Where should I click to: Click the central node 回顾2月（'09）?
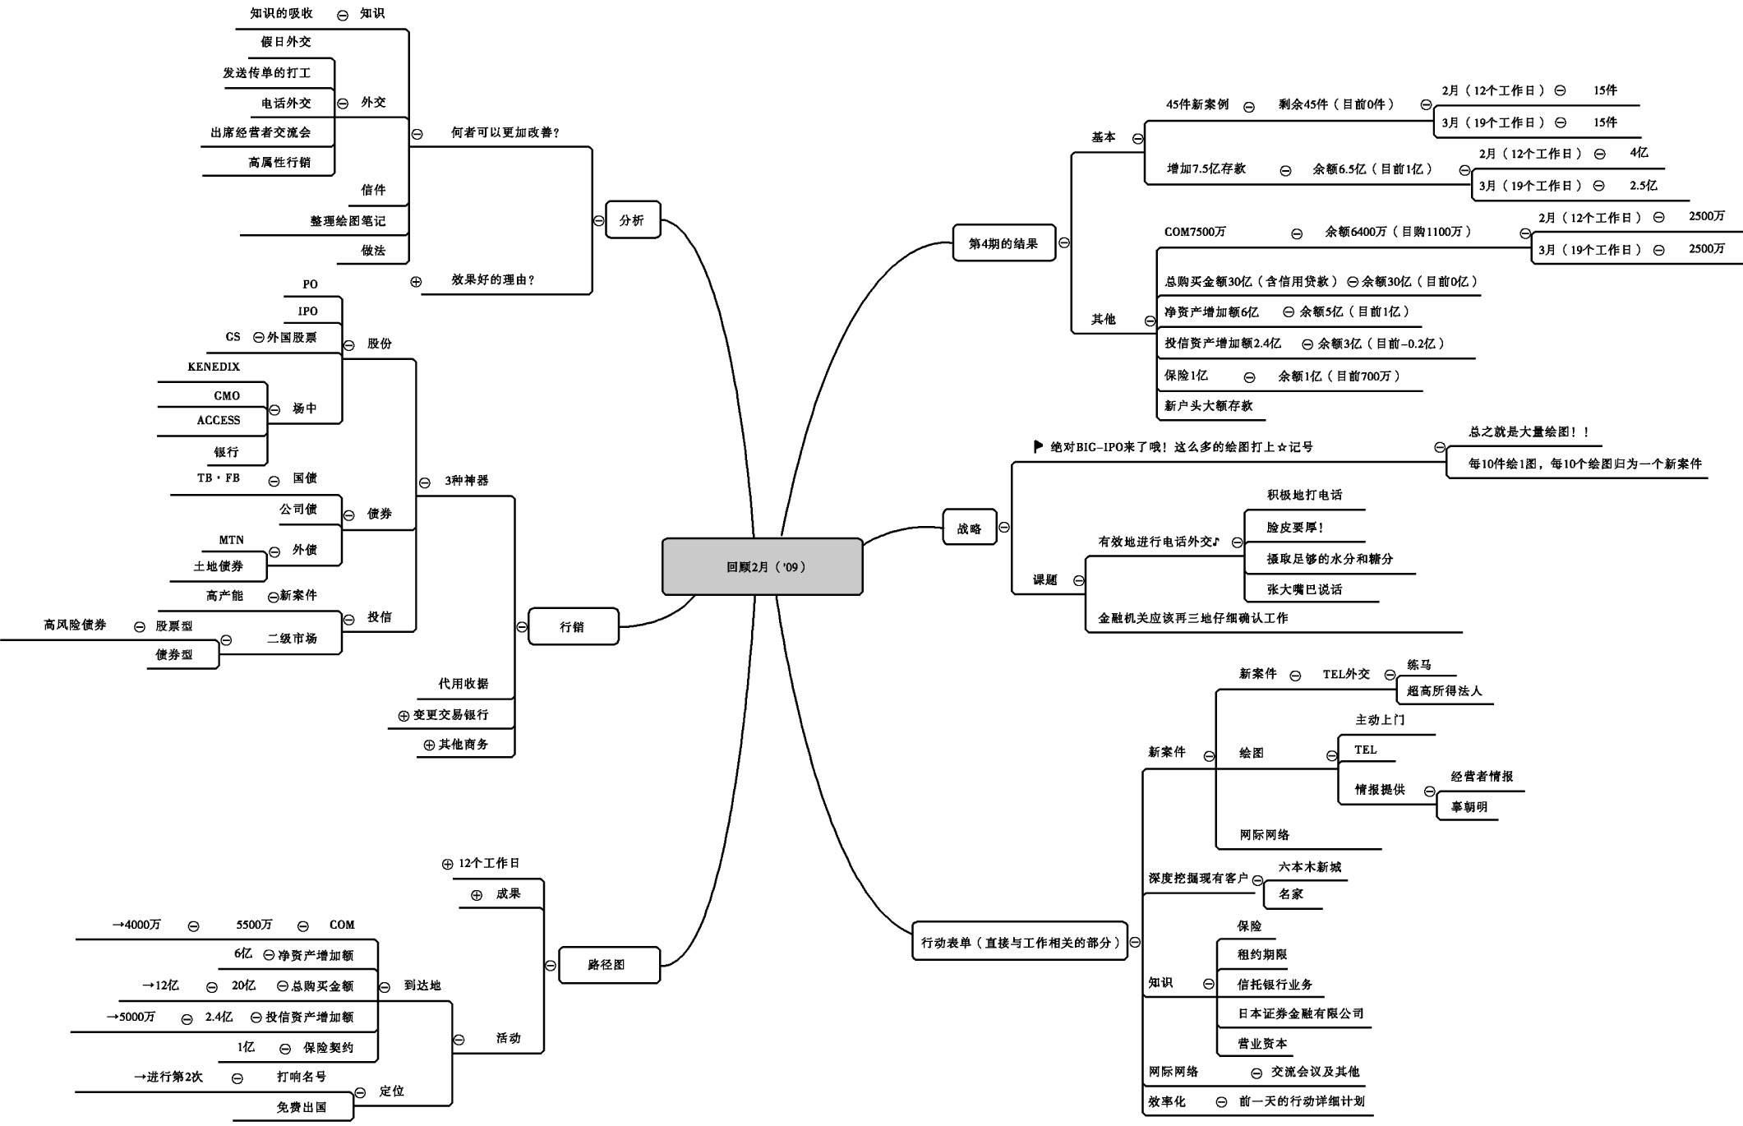[762, 566]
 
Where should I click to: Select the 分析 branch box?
[632, 219]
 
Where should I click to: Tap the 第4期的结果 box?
[1003, 243]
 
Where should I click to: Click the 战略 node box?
[969, 528]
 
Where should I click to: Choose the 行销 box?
[572, 626]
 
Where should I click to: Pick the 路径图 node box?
[608, 964]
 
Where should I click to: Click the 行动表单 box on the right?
[1020, 942]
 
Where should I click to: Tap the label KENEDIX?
[214, 367]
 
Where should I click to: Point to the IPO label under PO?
[308, 311]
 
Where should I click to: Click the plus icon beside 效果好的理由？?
[416, 281]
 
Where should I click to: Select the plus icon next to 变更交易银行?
[403, 716]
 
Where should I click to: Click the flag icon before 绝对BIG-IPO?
[1038, 446]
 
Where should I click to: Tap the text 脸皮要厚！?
[1295, 528]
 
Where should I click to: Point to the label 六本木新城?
[1310, 866]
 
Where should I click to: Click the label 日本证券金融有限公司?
[1301, 1013]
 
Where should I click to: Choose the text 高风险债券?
[75, 625]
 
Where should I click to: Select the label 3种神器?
[467, 480]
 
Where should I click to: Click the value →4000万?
[136, 925]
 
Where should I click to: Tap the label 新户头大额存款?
[1208, 405]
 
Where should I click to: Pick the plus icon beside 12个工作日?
[447, 864]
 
